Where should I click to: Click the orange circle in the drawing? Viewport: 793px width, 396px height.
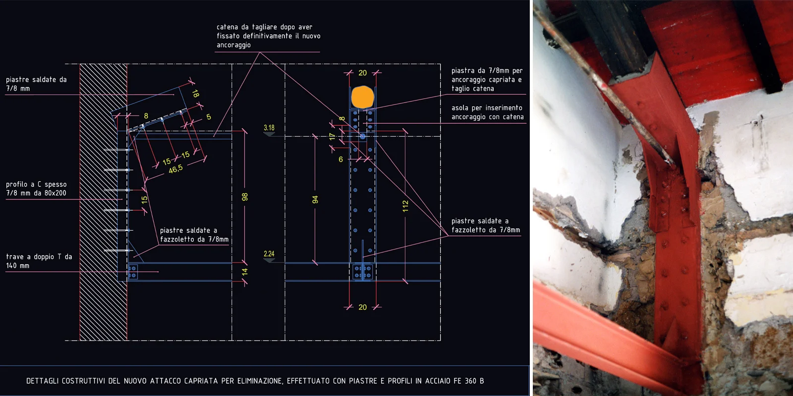(x=362, y=97)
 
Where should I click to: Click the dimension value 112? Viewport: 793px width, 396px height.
(x=406, y=206)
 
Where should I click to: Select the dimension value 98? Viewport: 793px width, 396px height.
(x=245, y=197)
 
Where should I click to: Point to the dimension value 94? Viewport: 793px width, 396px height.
(x=315, y=199)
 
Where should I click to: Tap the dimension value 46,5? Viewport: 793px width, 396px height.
(x=175, y=169)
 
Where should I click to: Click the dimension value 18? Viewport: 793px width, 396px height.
(x=195, y=94)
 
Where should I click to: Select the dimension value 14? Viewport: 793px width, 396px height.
(x=245, y=272)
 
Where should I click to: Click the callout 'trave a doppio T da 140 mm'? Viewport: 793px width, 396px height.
(x=39, y=261)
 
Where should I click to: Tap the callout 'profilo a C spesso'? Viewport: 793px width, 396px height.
(x=37, y=184)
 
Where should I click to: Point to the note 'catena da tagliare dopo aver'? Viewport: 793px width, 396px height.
(x=265, y=27)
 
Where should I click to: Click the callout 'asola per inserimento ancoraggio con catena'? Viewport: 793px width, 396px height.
(x=487, y=112)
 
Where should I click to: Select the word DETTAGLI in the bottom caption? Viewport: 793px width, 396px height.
(x=42, y=381)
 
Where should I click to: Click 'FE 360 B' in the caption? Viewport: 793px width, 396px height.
(x=469, y=381)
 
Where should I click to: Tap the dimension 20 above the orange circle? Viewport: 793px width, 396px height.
(x=362, y=73)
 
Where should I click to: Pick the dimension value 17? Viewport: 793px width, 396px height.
(x=332, y=137)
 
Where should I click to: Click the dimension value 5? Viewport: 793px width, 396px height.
(x=209, y=117)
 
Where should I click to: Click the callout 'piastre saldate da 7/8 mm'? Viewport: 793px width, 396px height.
(x=36, y=84)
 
